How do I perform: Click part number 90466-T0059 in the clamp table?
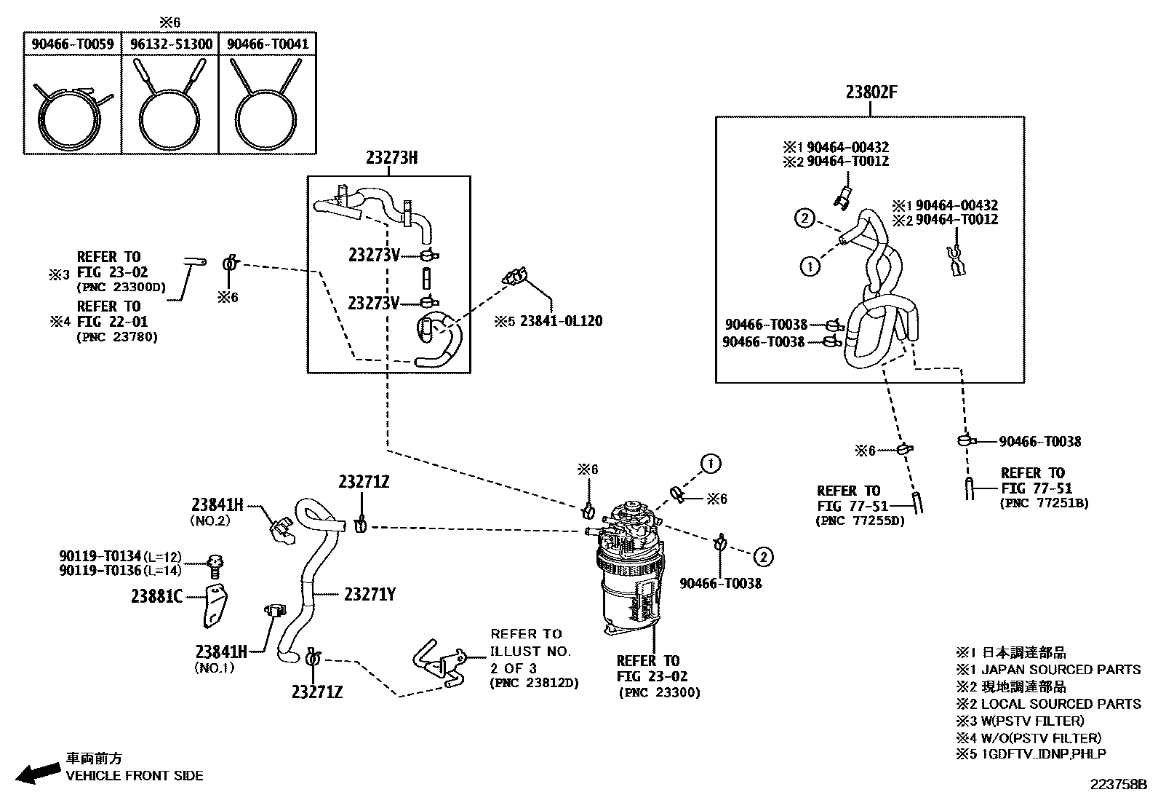coord(72,44)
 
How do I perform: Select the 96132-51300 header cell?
coord(171,44)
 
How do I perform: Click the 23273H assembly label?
coord(391,158)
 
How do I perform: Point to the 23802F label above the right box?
coord(871,92)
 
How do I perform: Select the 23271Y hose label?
coord(370,595)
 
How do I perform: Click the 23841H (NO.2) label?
coord(217,504)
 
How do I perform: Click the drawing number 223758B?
coord(1117,785)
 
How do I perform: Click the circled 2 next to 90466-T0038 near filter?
coord(762,558)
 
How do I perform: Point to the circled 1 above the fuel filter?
coord(711,463)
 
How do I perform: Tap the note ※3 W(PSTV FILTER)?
coord(1020,721)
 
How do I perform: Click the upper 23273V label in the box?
coord(373,255)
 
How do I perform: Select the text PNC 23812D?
coord(535,684)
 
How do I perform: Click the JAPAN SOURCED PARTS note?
coord(1048,669)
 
